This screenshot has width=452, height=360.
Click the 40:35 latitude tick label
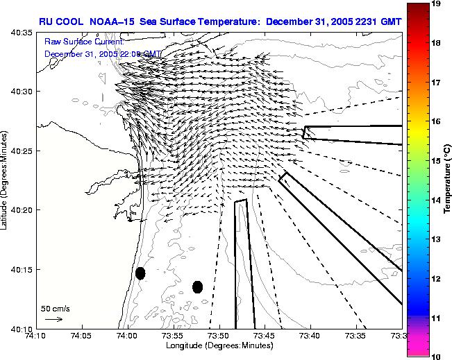(x=22, y=32)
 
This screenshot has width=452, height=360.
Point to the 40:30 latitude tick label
(x=22, y=92)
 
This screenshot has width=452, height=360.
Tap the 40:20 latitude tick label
(x=22, y=210)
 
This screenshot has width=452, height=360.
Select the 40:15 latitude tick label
(x=22, y=269)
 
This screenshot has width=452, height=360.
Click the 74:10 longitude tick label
(x=35, y=336)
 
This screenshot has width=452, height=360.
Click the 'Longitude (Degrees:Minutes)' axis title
(x=219, y=345)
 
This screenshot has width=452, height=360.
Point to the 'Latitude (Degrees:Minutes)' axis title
(x=6, y=180)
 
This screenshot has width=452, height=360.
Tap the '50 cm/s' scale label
(x=56, y=308)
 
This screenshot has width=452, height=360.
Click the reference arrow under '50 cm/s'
(x=54, y=319)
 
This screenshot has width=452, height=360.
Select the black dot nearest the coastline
(x=140, y=273)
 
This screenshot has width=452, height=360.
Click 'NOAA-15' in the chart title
(x=112, y=22)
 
